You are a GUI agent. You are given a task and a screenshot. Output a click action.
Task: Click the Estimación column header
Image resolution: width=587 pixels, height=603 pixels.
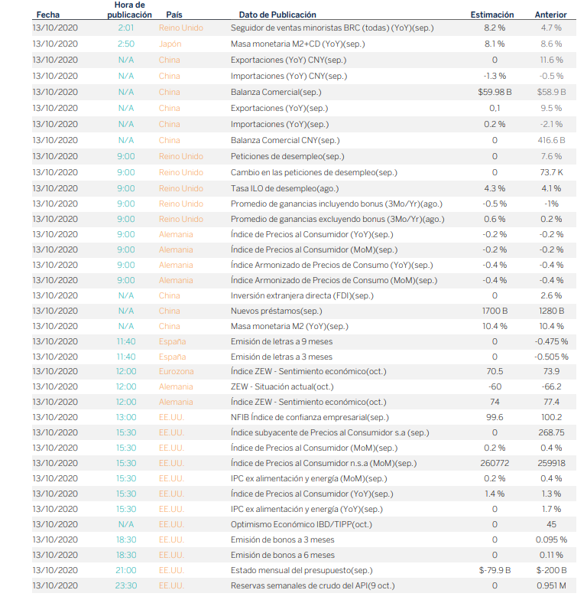pyautogui.click(x=491, y=15)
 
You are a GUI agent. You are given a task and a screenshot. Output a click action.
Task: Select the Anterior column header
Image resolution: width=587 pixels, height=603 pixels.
pyautogui.click(x=550, y=15)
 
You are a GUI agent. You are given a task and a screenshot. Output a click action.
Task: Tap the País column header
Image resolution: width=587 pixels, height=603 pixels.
pyautogui.click(x=174, y=15)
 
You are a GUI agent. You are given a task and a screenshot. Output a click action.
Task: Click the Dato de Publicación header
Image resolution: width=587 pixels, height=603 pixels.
pyautogui.click(x=277, y=15)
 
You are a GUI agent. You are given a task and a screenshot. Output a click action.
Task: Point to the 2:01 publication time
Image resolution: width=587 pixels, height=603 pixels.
pyautogui.click(x=126, y=28)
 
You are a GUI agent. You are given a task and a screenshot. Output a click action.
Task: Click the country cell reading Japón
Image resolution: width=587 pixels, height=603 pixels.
pyautogui.click(x=170, y=44)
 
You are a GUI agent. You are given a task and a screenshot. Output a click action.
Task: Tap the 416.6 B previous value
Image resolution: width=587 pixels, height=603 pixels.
pyautogui.click(x=551, y=140)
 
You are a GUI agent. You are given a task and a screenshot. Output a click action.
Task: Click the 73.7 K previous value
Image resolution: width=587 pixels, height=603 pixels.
pyautogui.click(x=551, y=172)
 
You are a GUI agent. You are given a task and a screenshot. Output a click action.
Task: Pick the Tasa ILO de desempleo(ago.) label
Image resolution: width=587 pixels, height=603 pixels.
pyautogui.click(x=284, y=188)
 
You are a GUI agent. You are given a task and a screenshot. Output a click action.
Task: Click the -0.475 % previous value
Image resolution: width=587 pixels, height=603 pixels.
pyautogui.click(x=551, y=341)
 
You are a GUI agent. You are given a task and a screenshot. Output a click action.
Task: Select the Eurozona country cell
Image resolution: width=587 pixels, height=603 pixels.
pyautogui.click(x=176, y=371)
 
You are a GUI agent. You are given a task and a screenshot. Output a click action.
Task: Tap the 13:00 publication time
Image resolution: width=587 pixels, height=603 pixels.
pyautogui.click(x=126, y=417)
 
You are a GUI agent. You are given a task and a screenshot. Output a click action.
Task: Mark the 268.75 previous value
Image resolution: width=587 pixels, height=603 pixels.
pyautogui.click(x=551, y=432)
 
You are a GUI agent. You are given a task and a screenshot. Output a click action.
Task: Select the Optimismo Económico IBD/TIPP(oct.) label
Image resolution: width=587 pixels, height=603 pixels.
pyautogui.click(x=301, y=524)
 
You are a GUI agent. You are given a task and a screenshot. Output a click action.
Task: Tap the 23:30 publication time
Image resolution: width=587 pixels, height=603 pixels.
pyautogui.click(x=126, y=585)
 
